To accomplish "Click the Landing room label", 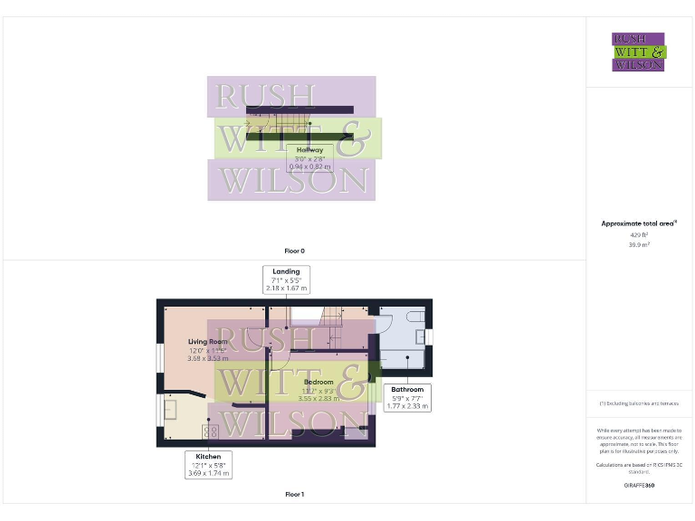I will (x=287, y=271).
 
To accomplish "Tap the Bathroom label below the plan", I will (x=406, y=390).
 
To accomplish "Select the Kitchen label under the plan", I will (x=208, y=456).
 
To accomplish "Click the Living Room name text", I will (x=205, y=342).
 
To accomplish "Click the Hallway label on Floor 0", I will (x=309, y=150).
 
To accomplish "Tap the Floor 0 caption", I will (x=294, y=250).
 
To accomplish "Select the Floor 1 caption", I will (x=294, y=495).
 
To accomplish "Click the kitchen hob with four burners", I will (x=214, y=431).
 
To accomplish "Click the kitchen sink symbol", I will (x=170, y=412).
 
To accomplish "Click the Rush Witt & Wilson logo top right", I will (x=638, y=52).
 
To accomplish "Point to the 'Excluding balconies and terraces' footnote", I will (x=639, y=403).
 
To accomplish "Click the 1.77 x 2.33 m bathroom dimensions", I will (x=406, y=406).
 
